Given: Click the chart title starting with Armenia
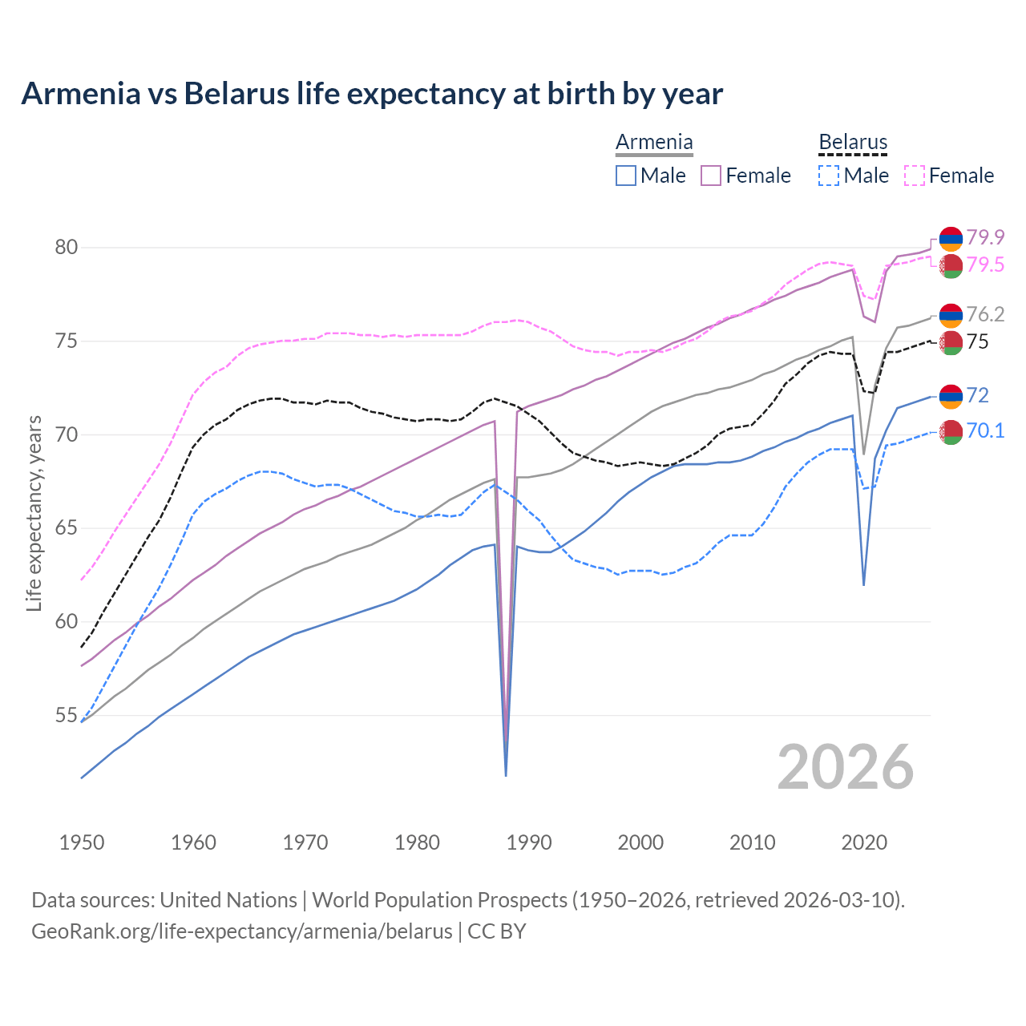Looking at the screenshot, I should point(372,94).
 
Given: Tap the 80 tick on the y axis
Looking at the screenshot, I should point(67,248).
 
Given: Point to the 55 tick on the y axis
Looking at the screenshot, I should point(67,716).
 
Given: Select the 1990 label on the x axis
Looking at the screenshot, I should point(529,842).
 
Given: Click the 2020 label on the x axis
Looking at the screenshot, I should point(864,842).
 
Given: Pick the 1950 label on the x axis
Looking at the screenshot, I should point(82,842).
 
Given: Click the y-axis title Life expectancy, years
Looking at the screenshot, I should point(34,513).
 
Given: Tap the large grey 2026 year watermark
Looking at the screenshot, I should point(846,767).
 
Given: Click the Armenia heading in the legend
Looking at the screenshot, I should point(654,143).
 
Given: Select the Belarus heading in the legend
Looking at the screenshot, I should point(853,143).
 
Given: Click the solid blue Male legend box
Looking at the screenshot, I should point(626,176).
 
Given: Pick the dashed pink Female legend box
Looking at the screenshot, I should point(915,176).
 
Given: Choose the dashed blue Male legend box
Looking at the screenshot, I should point(829,176).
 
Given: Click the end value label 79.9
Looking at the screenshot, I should point(985,237).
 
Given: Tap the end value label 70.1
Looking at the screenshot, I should point(985,431).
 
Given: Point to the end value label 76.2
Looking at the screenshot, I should point(985,314).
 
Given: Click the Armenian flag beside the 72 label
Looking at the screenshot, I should point(951,396).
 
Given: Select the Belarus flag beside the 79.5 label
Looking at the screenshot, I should point(951,266).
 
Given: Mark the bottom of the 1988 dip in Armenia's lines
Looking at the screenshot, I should point(506,775).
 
